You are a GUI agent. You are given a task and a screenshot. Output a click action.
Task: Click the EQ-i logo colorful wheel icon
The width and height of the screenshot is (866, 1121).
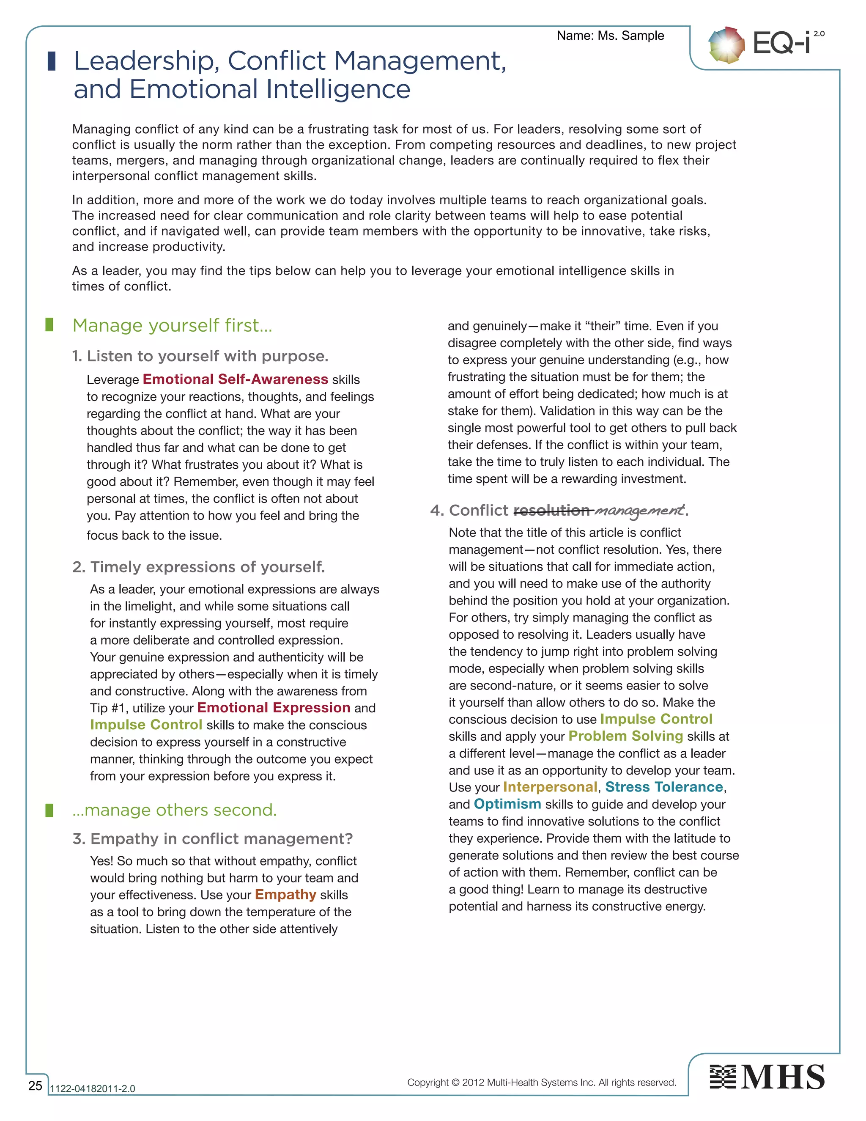pos(726,45)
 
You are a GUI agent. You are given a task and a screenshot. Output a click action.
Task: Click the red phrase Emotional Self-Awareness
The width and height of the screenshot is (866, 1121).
pos(235,379)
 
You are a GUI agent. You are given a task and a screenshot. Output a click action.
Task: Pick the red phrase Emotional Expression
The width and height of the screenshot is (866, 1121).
pos(274,708)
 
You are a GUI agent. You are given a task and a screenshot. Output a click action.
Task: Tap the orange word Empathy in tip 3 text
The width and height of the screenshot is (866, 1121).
pos(285,895)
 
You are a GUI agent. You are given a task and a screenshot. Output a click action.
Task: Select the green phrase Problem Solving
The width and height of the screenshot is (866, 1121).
pos(625,736)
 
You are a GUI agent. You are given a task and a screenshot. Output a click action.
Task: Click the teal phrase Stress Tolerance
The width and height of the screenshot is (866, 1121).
pos(664,787)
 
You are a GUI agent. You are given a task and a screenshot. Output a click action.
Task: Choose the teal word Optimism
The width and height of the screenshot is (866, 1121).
pos(507,804)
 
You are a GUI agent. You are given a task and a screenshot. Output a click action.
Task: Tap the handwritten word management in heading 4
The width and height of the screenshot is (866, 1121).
pos(639,510)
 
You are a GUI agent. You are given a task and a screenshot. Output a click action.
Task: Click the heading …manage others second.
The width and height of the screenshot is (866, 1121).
pos(175,810)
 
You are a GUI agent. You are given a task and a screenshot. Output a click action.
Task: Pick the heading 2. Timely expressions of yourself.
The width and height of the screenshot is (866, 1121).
pos(199,567)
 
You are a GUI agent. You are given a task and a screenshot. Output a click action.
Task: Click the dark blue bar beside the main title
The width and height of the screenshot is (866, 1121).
pos(51,61)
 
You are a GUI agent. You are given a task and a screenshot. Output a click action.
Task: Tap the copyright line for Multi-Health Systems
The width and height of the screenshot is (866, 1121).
pos(541,1082)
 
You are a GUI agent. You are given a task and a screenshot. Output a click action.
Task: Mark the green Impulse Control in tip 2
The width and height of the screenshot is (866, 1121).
pos(146,725)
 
